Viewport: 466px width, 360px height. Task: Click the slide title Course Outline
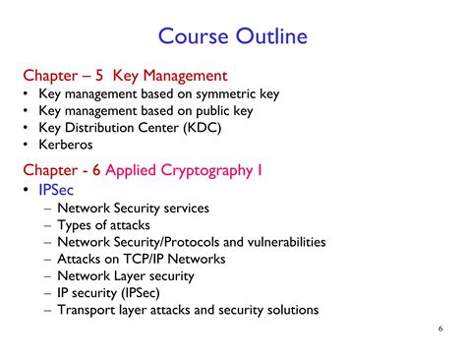tap(233, 36)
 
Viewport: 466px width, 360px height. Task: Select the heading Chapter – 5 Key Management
tap(125, 75)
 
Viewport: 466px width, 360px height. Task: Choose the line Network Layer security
tap(126, 275)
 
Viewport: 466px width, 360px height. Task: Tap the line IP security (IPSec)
tap(108, 292)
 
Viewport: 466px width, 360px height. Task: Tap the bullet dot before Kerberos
tap(26, 145)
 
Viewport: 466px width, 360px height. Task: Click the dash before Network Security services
tap(48, 208)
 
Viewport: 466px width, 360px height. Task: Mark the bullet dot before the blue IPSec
tap(26, 190)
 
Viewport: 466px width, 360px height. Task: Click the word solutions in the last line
tap(288, 310)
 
